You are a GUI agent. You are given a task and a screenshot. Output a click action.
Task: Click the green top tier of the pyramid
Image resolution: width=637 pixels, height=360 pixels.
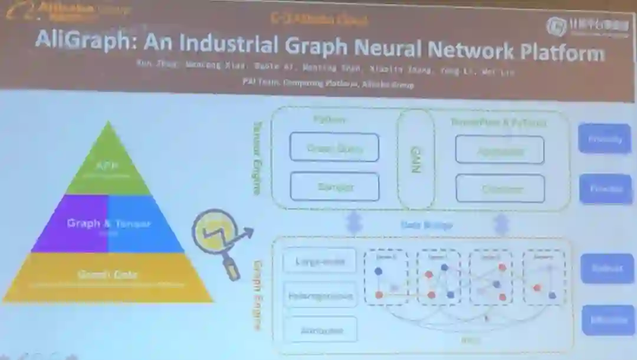107,166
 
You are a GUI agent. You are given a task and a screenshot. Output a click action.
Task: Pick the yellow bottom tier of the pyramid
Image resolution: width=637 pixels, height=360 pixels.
107,277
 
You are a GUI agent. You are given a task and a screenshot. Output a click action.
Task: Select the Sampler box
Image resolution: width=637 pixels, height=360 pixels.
334,187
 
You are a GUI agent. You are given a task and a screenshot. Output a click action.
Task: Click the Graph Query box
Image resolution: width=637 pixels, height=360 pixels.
334,148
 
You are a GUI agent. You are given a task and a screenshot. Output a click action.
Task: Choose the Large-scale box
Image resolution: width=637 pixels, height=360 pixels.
320,260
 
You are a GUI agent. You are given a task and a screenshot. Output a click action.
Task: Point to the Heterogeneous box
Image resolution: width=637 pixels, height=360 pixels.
320,295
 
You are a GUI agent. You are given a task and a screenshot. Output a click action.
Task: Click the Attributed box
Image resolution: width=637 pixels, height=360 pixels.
320,330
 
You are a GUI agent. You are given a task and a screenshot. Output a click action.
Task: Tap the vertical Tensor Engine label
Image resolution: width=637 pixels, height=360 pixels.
257,158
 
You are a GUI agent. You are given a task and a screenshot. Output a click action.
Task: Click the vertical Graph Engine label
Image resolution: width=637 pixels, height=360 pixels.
258,295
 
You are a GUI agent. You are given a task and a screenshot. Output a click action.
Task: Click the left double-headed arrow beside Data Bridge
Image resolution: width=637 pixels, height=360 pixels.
354,223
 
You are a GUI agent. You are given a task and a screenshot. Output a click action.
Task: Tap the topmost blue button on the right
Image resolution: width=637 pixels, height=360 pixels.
605,139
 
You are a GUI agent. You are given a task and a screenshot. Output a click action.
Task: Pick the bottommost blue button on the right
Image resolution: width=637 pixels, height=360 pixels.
608,320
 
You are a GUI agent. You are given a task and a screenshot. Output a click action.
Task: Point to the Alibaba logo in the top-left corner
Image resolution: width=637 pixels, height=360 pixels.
24,10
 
